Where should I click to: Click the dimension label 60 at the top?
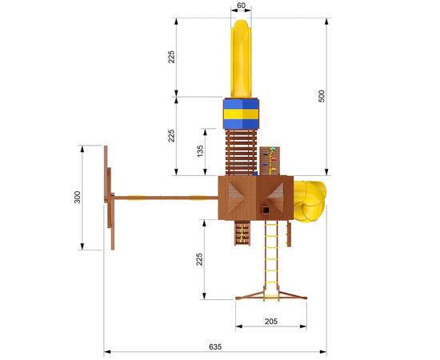pyautogui.click(x=241, y=6)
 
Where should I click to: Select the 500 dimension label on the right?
pyautogui.click(x=322, y=96)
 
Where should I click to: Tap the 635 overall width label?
pyautogui.click(x=215, y=346)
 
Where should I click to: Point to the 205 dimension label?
pyautogui.click(x=271, y=322)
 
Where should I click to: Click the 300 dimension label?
pyautogui.click(x=77, y=197)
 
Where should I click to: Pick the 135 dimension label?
pyautogui.click(x=200, y=151)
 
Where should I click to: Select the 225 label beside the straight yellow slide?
pyautogui.click(x=171, y=57)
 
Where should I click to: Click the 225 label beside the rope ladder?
pyautogui.click(x=199, y=259)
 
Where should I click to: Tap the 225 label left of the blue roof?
pyautogui.click(x=171, y=135)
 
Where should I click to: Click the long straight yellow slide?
pyautogui.click(x=241, y=59)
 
